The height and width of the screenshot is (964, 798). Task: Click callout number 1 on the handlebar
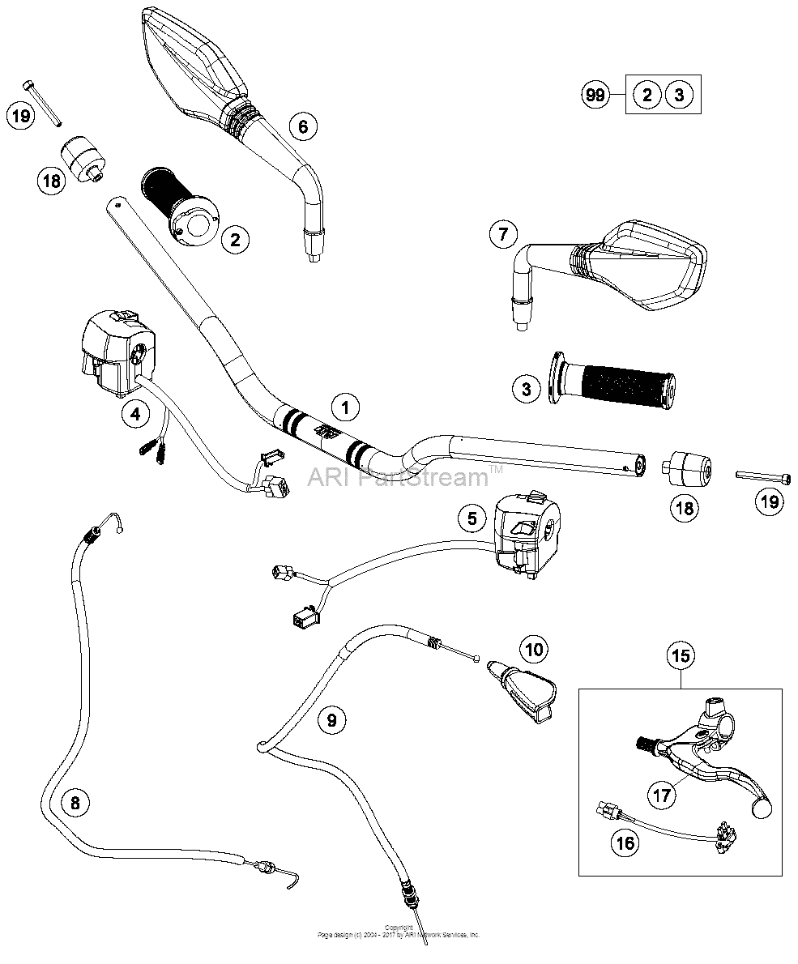click(346, 407)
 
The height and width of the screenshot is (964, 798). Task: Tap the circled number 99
click(595, 96)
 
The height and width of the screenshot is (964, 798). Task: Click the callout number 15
click(681, 655)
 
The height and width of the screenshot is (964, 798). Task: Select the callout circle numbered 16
click(625, 842)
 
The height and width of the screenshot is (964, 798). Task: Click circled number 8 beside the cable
click(75, 803)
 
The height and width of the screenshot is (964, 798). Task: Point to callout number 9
click(332, 719)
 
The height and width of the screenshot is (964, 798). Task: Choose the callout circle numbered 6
click(302, 126)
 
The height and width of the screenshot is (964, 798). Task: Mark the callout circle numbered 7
click(503, 235)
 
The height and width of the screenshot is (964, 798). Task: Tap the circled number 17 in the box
click(663, 795)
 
